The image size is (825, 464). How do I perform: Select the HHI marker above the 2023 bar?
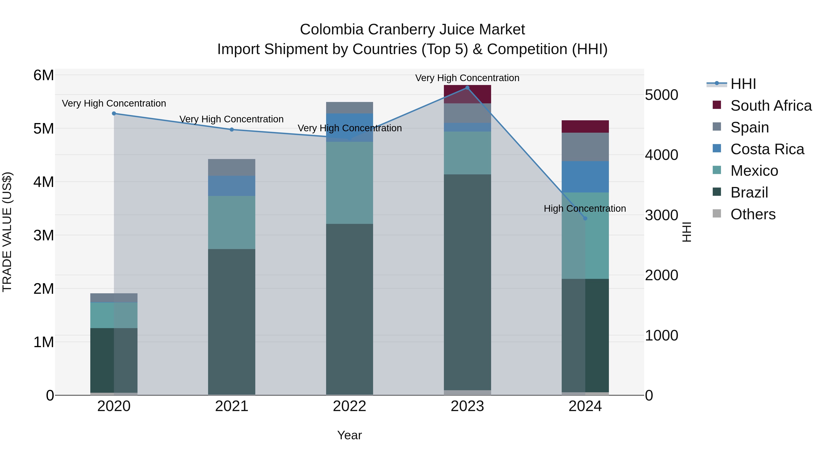[467, 88]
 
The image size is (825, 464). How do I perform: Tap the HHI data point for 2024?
[585, 218]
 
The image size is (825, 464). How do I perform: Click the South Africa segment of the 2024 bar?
[585, 126]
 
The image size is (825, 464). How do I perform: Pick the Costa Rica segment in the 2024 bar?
[585, 177]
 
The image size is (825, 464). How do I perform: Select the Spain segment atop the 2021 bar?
[231, 167]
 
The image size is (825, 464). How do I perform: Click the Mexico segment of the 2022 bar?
[349, 183]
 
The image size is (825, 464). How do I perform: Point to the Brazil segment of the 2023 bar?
[467, 282]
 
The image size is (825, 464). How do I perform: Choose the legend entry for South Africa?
[770, 106]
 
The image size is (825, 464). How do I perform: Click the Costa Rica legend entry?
[767, 149]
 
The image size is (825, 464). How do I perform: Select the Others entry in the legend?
[753, 214]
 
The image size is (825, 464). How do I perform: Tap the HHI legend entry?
[743, 84]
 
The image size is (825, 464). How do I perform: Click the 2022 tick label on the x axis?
[349, 406]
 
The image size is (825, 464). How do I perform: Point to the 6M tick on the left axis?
[44, 76]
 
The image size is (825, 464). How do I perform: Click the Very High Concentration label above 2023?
[467, 78]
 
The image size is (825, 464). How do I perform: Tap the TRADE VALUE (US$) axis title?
[7, 232]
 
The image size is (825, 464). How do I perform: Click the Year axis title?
[349, 435]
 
